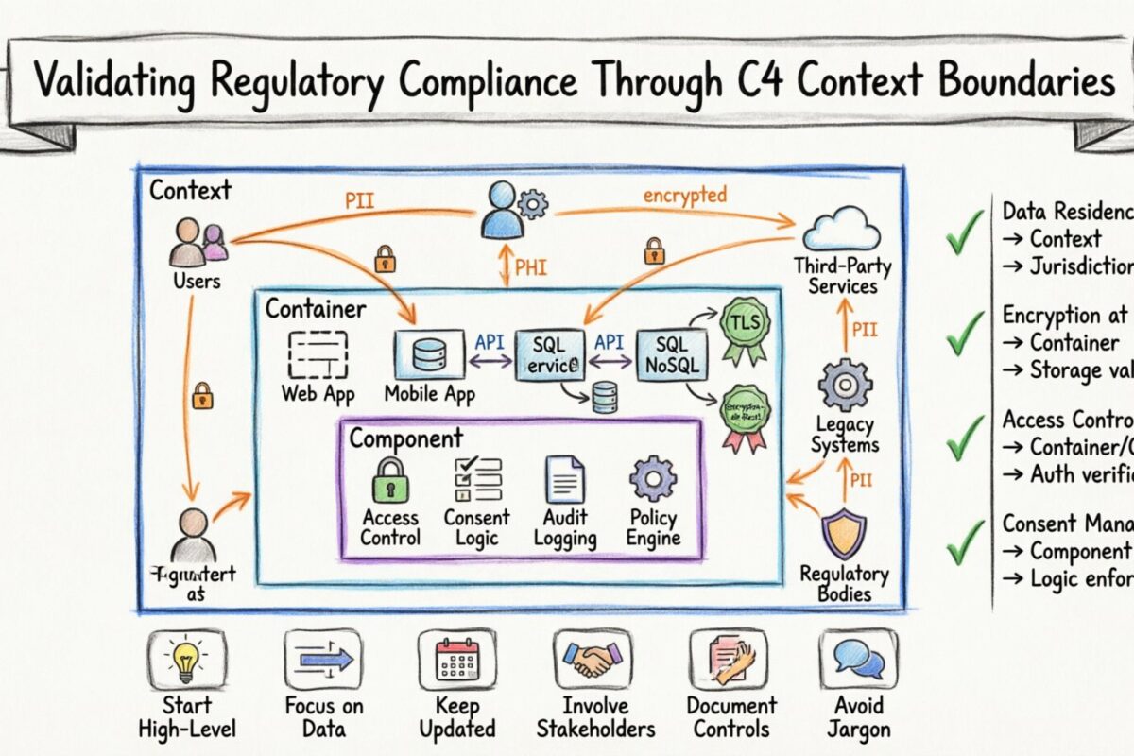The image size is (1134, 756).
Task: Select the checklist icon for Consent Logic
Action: pos(476,479)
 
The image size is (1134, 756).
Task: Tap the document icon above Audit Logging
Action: pos(564,479)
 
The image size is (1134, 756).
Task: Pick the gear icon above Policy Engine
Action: pos(653,478)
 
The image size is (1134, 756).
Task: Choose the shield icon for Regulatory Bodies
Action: pos(843,533)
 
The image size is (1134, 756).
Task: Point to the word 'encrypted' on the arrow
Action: pos(684,196)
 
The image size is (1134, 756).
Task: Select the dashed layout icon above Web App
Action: pos(318,355)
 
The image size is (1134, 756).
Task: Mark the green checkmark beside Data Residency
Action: pos(965,233)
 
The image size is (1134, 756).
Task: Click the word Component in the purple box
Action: pos(405,438)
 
